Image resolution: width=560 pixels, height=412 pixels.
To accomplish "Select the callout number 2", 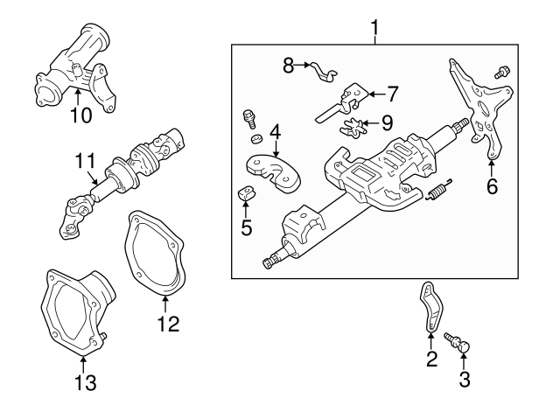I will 430,358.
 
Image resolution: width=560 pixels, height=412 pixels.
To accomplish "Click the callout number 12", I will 167,325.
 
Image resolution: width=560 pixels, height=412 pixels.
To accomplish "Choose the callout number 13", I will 84,383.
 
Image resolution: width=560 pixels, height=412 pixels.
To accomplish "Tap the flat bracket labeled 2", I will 430,307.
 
